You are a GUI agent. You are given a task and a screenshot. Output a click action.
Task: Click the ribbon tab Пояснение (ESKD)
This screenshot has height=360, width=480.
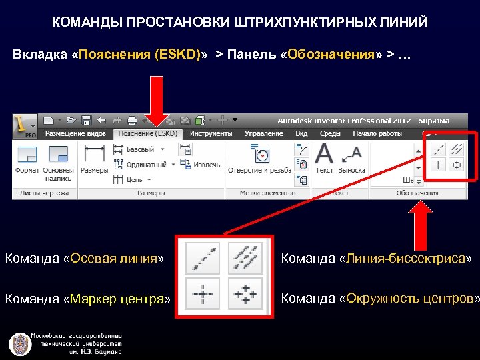coord(147,133)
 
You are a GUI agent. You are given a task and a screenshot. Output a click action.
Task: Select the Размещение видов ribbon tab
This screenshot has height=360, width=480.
coord(75,133)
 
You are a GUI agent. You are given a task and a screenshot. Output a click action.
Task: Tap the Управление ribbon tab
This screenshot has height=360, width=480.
coord(264,133)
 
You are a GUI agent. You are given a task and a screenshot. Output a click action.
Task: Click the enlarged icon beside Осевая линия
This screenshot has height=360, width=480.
coord(201,257)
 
